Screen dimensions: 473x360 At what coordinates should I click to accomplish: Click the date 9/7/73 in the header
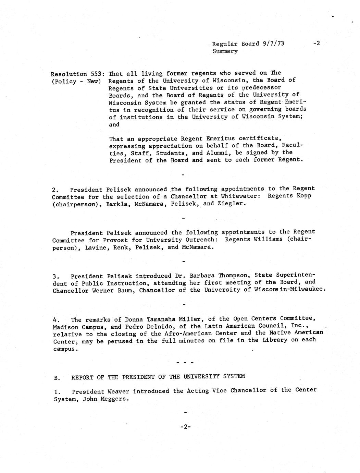click(274, 44)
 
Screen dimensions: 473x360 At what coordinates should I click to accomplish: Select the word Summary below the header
click(225, 51)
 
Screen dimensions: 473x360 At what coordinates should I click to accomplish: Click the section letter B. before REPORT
click(57, 377)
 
